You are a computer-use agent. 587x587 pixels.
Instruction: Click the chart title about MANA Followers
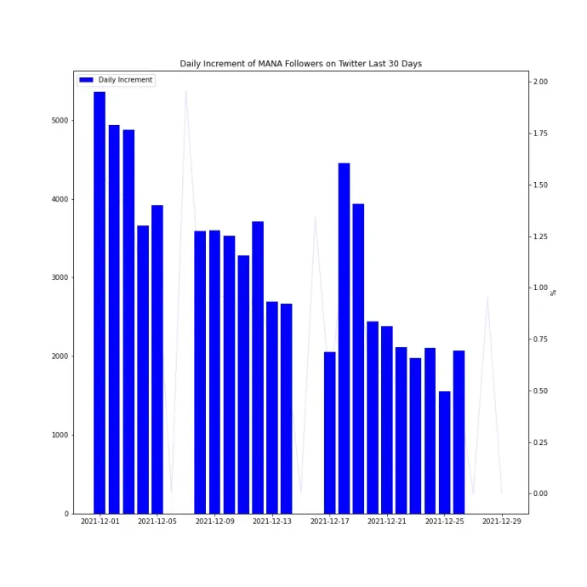pyautogui.click(x=300, y=64)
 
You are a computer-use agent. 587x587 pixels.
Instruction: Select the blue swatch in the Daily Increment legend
pyautogui.click(x=86, y=80)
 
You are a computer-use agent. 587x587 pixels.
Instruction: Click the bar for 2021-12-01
pyautogui.click(x=100, y=303)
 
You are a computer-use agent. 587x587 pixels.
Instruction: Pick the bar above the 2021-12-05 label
pyautogui.click(x=157, y=359)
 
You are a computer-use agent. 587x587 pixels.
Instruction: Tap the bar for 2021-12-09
pyautogui.click(x=214, y=372)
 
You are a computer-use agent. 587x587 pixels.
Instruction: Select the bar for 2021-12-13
pyautogui.click(x=272, y=407)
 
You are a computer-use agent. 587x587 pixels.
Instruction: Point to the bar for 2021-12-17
pyautogui.click(x=330, y=433)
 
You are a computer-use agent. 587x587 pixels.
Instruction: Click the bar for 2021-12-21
pyautogui.click(x=387, y=420)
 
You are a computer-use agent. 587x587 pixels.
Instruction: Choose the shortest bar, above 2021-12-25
pyautogui.click(x=445, y=453)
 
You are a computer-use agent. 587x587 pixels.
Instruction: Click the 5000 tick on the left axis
pyautogui.click(x=60, y=121)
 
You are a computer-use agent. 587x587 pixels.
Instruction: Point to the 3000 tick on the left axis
pyautogui.click(x=60, y=277)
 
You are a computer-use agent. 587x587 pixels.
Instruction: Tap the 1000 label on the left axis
pyautogui.click(x=60, y=435)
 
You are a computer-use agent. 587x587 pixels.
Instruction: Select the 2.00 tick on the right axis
pyautogui.click(x=540, y=82)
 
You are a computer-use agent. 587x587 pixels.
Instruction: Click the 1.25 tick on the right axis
pyautogui.click(x=540, y=237)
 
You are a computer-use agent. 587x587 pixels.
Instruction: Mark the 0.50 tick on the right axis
pyautogui.click(x=540, y=390)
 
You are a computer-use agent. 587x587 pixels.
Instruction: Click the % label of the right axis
pyautogui.click(x=553, y=293)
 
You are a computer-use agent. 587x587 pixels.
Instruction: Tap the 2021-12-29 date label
pyautogui.click(x=502, y=521)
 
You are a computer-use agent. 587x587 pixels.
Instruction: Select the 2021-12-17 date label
pyautogui.click(x=330, y=521)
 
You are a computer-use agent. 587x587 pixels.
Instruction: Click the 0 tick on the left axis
pyautogui.click(x=66, y=514)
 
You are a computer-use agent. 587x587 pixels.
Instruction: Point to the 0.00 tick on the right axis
pyautogui.click(x=540, y=493)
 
